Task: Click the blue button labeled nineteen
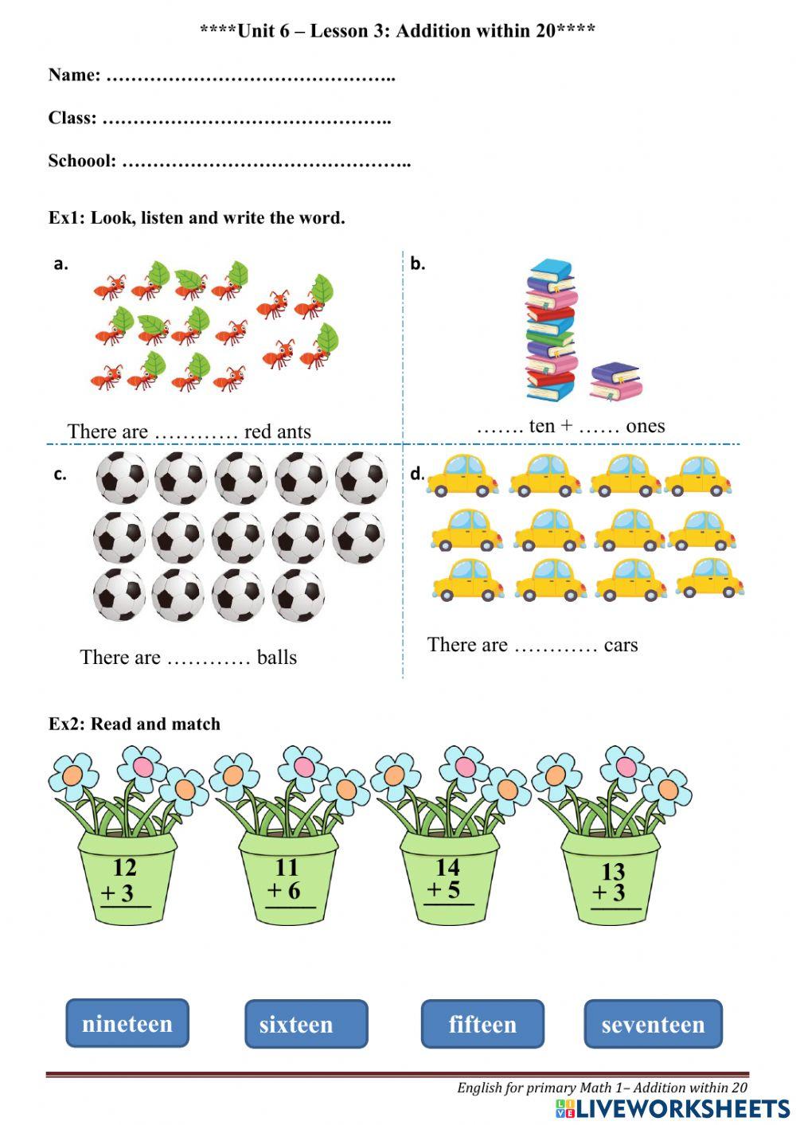coord(127,1023)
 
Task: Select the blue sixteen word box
coord(306,1024)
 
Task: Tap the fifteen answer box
coord(482,1024)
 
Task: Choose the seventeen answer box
coord(653,1024)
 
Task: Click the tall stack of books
coord(550,330)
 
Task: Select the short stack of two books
coord(615,381)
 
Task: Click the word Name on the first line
coord(74,75)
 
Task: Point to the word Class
coord(72,118)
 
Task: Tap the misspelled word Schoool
coord(82,161)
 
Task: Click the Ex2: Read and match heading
coord(135,724)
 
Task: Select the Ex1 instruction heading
coord(197,217)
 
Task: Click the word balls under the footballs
coord(276,658)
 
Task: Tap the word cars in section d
coord(621,645)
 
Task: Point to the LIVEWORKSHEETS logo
coord(673,1109)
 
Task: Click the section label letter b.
coord(418,264)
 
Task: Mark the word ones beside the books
coord(645,426)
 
